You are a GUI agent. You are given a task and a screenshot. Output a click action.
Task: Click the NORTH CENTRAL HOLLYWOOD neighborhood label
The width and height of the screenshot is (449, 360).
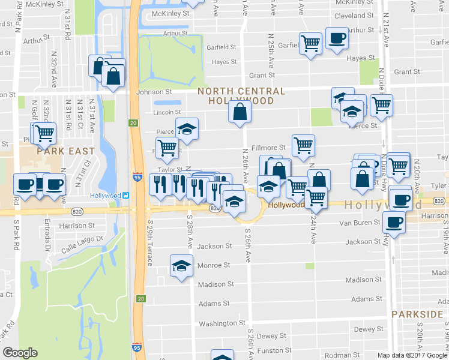[x=241, y=95]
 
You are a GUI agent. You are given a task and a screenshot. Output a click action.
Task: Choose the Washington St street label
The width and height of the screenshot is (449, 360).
[x=218, y=323]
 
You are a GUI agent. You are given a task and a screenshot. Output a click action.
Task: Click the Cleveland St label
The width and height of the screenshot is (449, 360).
[x=354, y=16]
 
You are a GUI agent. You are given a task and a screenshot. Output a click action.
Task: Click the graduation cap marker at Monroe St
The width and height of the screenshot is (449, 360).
[x=181, y=266]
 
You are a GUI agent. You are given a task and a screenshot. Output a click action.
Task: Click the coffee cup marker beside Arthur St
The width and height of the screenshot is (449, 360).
[x=336, y=38]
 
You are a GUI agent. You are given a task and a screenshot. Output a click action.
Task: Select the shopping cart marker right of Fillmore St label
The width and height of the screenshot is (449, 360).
[x=304, y=145]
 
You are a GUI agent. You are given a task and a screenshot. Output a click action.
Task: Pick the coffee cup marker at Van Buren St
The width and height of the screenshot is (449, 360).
[x=394, y=223]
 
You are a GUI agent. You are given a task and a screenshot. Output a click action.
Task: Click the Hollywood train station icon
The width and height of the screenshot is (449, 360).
[x=127, y=196]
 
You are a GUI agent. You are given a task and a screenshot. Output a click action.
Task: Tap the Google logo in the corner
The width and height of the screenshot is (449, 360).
[x=20, y=353]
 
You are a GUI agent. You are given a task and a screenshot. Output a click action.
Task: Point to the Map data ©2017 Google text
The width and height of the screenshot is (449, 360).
[x=412, y=355]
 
